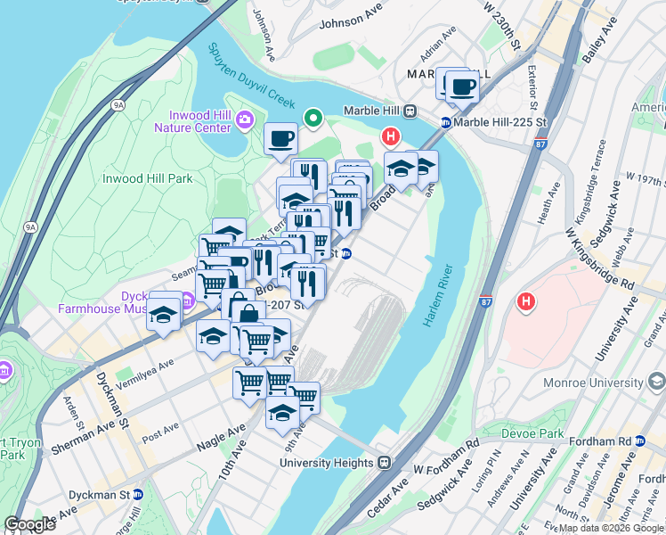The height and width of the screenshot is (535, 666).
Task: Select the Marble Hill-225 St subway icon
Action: tap(445, 122)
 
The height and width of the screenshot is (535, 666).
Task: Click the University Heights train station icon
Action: tap(385, 463)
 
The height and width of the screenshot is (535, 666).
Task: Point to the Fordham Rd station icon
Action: tap(639, 441)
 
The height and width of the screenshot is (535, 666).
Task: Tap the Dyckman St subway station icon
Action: tap(138, 494)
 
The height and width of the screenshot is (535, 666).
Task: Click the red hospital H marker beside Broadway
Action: tap(389, 136)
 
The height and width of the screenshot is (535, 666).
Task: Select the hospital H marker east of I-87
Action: tap(526, 302)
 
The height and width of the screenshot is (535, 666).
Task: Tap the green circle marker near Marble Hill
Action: tap(313, 117)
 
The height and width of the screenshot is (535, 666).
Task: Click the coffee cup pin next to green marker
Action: tap(280, 139)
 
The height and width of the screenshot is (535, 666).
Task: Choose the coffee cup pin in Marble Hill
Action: tap(462, 86)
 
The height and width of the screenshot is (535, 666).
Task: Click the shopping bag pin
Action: tap(248, 313)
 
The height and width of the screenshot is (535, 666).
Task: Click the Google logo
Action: tap(29, 524)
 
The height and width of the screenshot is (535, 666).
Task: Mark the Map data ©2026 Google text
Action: tap(610, 528)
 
